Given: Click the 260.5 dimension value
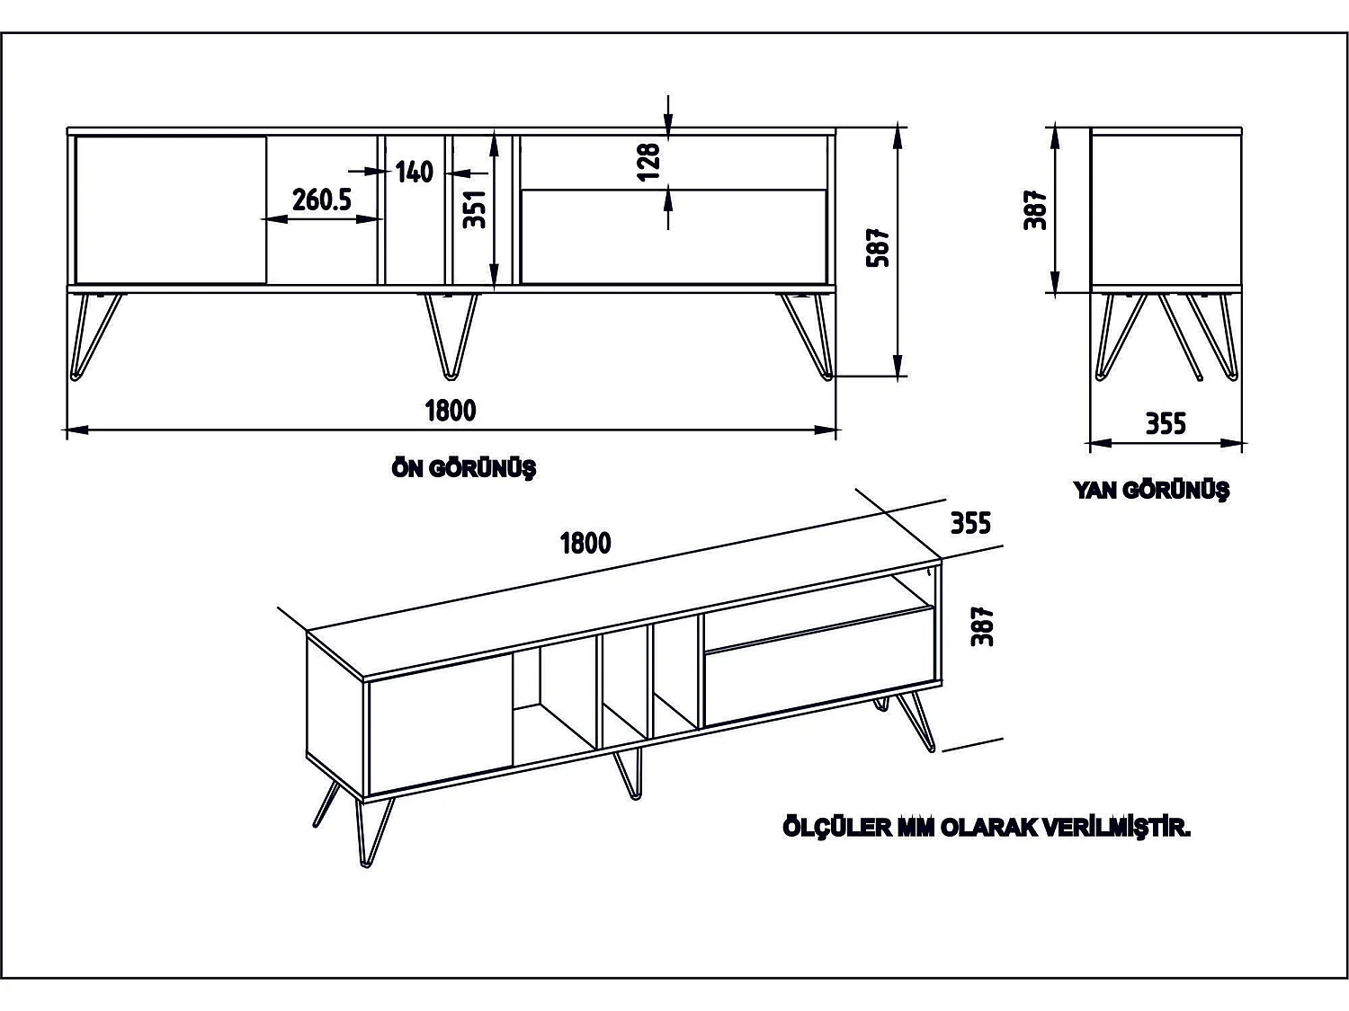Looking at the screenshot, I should click(x=321, y=200).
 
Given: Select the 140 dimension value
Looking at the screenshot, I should click(x=415, y=172).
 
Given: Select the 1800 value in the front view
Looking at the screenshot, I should click(x=451, y=411).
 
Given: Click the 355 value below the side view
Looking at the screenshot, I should click(x=1166, y=423).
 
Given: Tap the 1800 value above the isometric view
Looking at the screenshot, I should click(x=585, y=543).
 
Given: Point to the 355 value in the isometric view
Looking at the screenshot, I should click(x=970, y=522).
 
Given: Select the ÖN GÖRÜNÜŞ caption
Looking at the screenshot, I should click(x=464, y=468).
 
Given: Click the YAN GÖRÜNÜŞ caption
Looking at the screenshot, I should click(x=1150, y=490).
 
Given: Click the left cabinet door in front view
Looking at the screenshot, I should click(x=171, y=209).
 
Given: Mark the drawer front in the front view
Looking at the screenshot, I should click(x=673, y=236).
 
